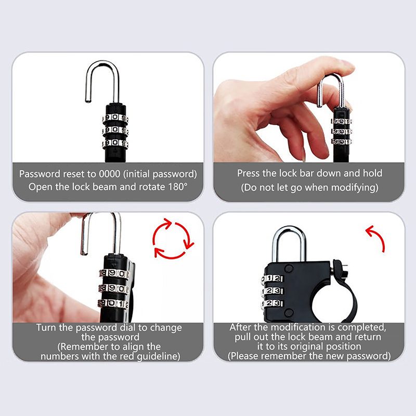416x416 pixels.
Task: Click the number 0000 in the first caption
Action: click(x=110, y=174)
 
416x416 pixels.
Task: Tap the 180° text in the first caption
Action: click(x=178, y=187)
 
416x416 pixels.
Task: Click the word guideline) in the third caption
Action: click(x=159, y=356)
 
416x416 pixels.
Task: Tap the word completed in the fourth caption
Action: click(x=361, y=328)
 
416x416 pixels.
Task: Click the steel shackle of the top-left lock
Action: click(x=102, y=80)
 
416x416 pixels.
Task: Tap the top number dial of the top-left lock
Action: click(x=115, y=118)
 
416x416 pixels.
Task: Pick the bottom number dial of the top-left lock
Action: click(x=115, y=144)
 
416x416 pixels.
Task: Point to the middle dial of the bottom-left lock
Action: click(x=113, y=289)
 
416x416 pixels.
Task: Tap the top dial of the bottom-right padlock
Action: click(x=272, y=279)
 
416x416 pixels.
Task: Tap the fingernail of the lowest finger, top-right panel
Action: click(x=304, y=157)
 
